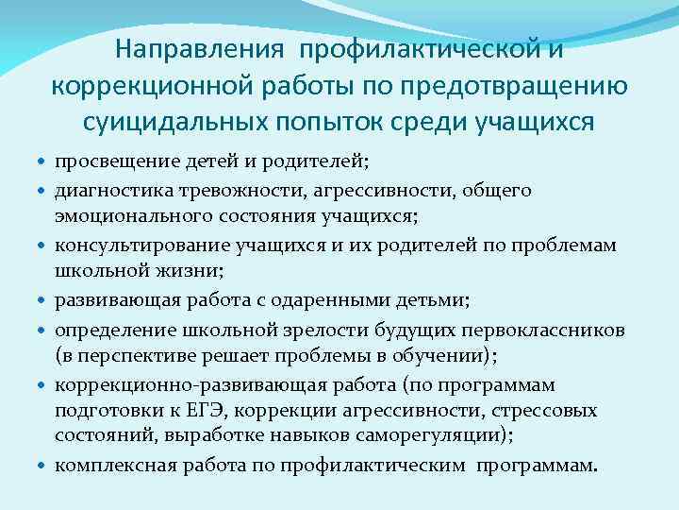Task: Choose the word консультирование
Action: point(128,246)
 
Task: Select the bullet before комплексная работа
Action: point(42,465)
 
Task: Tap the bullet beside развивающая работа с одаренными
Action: point(42,301)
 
